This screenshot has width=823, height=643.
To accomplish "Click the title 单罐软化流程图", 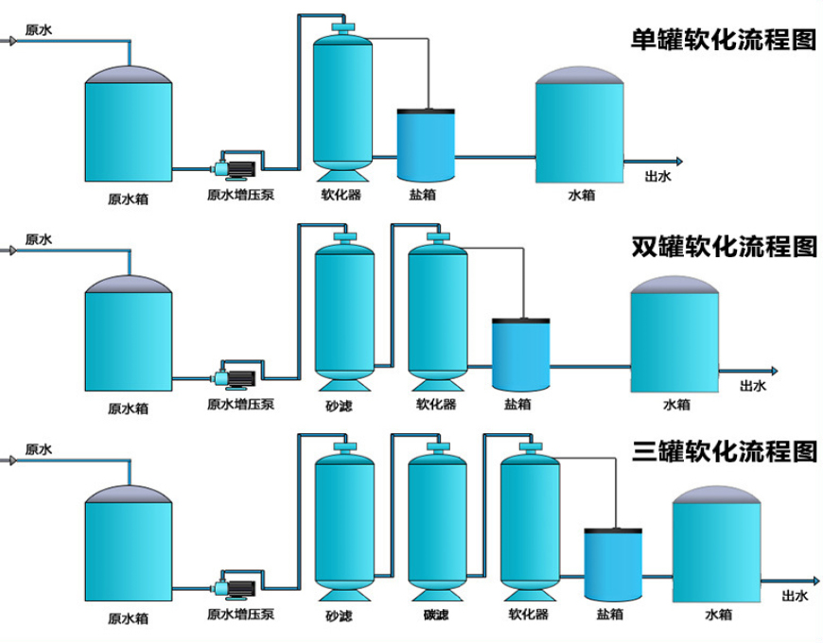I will pyautogui.click(x=724, y=41).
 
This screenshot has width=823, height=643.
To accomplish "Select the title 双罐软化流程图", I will pyautogui.click(x=724, y=247).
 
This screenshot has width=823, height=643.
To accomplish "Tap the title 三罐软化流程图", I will pyautogui.click(x=724, y=451).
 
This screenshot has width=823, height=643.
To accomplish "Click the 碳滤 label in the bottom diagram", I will pyautogui.click(x=436, y=617).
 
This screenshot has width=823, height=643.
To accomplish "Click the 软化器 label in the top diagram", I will pyautogui.click(x=341, y=197).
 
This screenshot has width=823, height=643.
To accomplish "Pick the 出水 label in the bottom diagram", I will pyautogui.click(x=796, y=596).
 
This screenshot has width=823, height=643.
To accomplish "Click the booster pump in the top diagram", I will pyautogui.click(x=237, y=166).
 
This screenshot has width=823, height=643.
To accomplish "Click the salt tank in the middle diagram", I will pyautogui.click(x=520, y=355).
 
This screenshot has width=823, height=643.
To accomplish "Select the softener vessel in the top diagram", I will pyautogui.click(x=341, y=99).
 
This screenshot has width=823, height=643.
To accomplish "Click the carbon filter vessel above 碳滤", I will pyautogui.click(x=437, y=520).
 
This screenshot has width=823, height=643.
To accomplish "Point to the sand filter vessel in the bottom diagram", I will pyautogui.click(x=343, y=520).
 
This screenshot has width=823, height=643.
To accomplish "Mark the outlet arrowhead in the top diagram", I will pyautogui.click(x=677, y=161).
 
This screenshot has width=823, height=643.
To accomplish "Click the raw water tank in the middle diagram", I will pyautogui.click(x=129, y=336).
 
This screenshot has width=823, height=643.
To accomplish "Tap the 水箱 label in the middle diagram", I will pyautogui.click(x=676, y=405).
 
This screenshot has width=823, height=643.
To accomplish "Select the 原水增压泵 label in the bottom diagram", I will pyautogui.click(x=240, y=617).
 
